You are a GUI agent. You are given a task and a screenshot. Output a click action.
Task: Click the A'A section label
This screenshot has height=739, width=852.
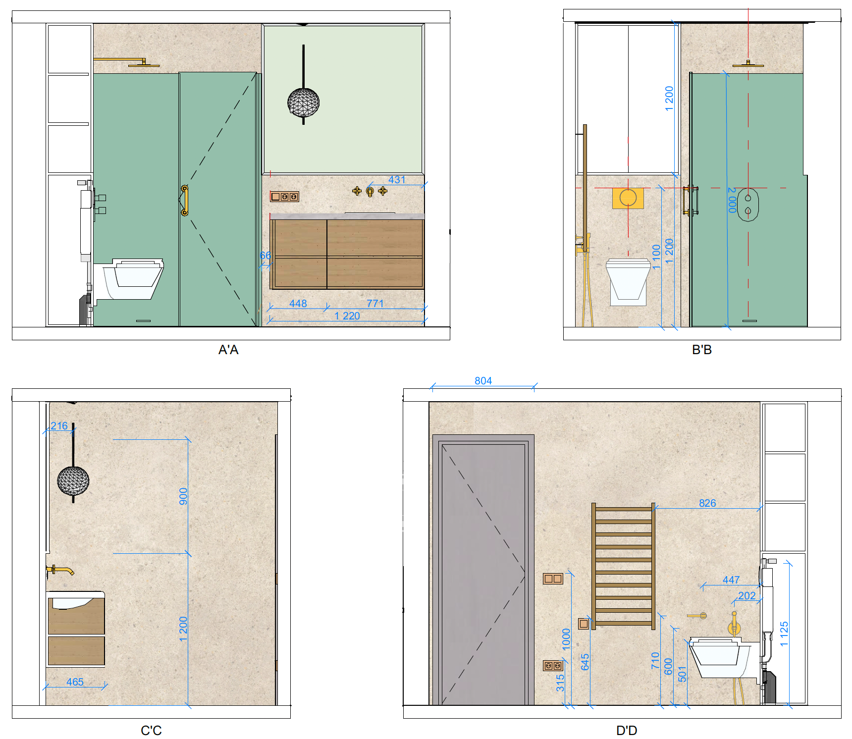click(x=228, y=350)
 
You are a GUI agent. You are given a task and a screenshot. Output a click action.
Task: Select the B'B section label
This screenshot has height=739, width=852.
click(x=701, y=350)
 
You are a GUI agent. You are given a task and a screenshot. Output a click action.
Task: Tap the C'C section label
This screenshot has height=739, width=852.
click(x=151, y=731)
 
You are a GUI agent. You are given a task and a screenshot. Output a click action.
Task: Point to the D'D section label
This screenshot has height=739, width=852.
click(x=627, y=731)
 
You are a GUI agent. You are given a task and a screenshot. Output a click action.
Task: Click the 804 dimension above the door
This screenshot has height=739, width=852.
click(x=483, y=380)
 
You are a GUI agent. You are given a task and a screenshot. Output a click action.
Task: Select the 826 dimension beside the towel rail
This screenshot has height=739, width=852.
click(x=707, y=503)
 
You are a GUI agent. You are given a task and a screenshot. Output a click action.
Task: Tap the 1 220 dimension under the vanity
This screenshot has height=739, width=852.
click(x=347, y=316)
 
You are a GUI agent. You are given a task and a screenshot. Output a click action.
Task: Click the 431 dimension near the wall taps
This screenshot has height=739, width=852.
click(x=397, y=179)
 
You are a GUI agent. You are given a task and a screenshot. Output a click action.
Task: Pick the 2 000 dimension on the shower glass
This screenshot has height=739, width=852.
click(x=732, y=200)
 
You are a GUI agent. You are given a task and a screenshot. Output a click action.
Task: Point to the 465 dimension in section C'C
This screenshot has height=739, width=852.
click(x=75, y=682)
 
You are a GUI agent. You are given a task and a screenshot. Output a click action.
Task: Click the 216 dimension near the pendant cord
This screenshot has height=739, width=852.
click(x=59, y=425)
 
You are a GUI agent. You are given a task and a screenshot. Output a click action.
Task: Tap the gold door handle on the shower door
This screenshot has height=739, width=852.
click(x=185, y=201)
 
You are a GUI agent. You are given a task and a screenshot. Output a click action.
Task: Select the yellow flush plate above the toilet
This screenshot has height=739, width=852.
click(x=628, y=198)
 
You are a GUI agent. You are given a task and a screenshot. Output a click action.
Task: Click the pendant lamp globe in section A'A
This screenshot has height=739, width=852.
click(x=304, y=103)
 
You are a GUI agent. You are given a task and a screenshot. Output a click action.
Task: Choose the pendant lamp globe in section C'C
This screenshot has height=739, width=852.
click(x=73, y=480)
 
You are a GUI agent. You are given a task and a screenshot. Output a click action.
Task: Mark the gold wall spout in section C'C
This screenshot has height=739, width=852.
click(x=60, y=570)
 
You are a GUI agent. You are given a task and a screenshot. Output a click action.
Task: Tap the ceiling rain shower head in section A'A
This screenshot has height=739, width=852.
click(x=144, y=64)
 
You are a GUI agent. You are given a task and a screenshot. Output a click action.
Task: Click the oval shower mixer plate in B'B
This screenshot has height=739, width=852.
click(x=748, y=205)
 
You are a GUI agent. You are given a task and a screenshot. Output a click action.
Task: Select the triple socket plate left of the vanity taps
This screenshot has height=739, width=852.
click(x=284, y=197)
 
